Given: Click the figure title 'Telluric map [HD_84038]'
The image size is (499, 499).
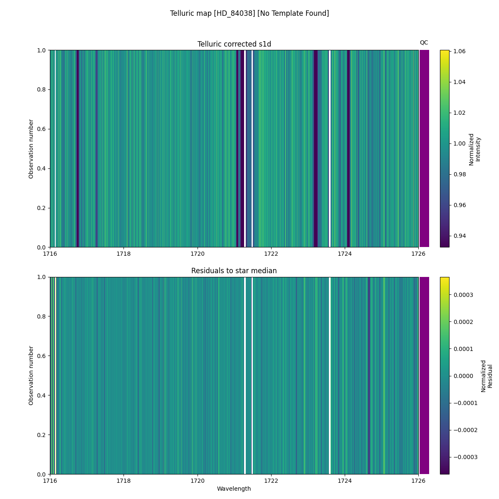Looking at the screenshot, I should pyautogui.click(x=249, y=13).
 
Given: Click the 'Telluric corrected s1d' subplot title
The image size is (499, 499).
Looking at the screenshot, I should pyautogui.click(x=234, y=44).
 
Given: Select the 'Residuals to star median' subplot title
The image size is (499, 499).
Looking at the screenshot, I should pyautogui.click(x=234, y=271).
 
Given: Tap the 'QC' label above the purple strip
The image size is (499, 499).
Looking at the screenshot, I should pyautogui.click(x=424, y=42).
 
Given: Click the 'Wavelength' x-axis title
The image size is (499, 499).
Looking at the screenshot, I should pyautogui.click(x=234, y=489).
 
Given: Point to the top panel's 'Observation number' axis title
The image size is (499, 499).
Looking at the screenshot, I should pyautogui.click(x=31, y=148).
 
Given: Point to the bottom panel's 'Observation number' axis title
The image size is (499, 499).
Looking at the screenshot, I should pyautogui.click(x=31, y=375).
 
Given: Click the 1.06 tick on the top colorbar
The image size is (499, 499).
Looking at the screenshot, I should pyautogui.click(x=459, y=51).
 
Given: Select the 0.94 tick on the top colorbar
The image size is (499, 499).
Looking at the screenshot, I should pyautogui.click(x=459, y=236).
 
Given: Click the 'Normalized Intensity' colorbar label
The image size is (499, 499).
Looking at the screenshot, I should pyautogui.click(x=474, y=149).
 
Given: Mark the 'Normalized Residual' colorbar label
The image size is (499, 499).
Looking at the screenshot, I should pyautogui.click(x=487, y=376).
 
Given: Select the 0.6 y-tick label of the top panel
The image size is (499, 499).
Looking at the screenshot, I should pyautogui.click(x=42, y=129).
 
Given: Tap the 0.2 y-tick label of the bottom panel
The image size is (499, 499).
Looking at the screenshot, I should pyautogui.click(x=42, y=435).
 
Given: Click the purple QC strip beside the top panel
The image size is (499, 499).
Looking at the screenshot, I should pyautogui.click(x=424, y=148).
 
